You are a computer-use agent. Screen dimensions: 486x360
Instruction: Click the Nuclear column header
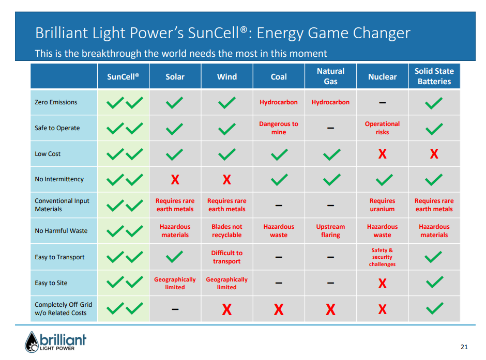click(382, 77)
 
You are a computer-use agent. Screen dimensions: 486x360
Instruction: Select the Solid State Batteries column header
click(434, 76)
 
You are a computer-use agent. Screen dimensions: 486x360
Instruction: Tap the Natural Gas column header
click(330, 76)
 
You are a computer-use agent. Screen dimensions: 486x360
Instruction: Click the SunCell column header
click(123, 77)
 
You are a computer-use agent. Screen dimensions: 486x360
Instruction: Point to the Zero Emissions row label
click(56, 102)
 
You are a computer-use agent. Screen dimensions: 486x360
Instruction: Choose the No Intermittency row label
click(59, 179)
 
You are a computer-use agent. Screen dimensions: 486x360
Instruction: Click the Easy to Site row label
click(51, 283)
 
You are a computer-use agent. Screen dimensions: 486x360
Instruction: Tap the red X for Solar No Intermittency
click(175, 180)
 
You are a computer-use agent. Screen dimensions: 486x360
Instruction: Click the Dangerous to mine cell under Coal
click(279, 128)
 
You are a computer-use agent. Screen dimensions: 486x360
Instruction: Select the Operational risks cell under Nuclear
click(382, 128)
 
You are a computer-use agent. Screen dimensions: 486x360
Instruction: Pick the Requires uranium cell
click(382, 205)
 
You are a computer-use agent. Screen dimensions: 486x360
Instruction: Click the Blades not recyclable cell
click(226, 230)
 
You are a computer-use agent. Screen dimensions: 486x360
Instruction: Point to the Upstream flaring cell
click(330, 230)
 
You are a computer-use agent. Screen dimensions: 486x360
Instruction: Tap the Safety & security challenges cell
click(382, 257)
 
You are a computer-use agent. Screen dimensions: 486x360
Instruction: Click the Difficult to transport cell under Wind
click(226, 257)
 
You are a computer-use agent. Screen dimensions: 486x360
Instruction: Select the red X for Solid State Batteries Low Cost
click(434, 154)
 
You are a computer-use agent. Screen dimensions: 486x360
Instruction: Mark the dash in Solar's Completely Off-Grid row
click(175, 309)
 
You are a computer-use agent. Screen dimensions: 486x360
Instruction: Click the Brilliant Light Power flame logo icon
click(32, 342)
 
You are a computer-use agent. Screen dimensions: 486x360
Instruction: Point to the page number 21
click(464, 347)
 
